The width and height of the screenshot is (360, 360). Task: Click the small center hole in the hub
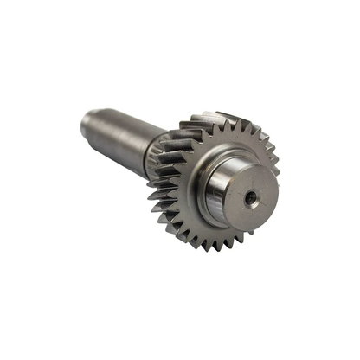pos(251,198)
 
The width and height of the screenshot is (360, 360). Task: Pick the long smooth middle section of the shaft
pos(125,130)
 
